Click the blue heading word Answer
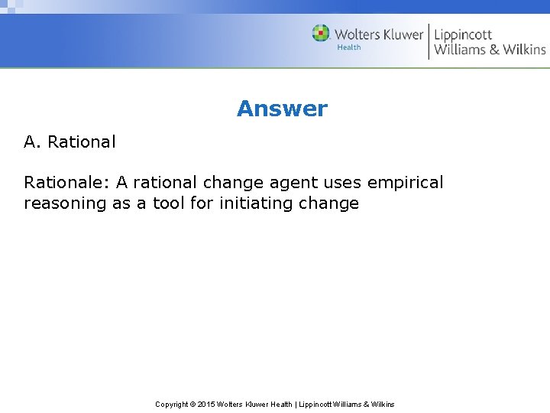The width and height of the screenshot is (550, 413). click(282, 109)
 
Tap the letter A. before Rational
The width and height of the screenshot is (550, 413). click(33, 141)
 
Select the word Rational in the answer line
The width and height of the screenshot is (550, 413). click(82, 141)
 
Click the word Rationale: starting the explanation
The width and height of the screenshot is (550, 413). click(66, 183)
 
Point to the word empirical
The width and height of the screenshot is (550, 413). click(405, 183)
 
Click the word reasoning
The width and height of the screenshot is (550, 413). click(65, 203)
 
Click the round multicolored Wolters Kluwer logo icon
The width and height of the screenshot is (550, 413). click(321, 34)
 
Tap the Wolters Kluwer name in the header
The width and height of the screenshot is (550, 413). click(379, 34)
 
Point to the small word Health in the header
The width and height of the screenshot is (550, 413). click(349, 47)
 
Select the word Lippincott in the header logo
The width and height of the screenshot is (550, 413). click(463, 34)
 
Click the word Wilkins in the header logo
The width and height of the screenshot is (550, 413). click(524, 50)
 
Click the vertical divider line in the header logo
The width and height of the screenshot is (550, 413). click(429, 41)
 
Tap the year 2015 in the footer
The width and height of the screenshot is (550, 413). click(206, 404)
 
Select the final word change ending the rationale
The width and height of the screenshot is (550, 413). click(331, 203)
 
